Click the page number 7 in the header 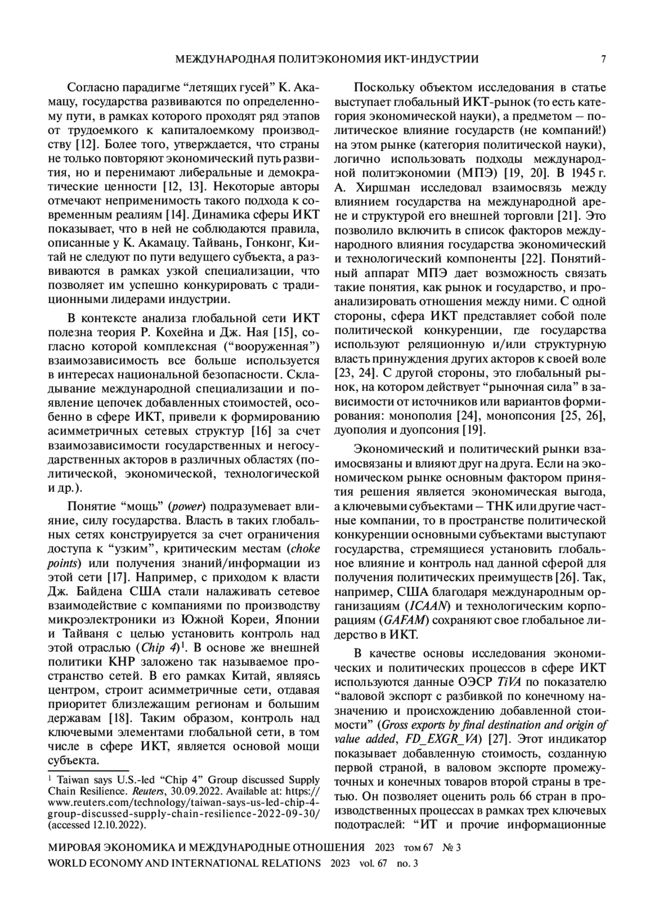pyautogui.click(x=603, y=59)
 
